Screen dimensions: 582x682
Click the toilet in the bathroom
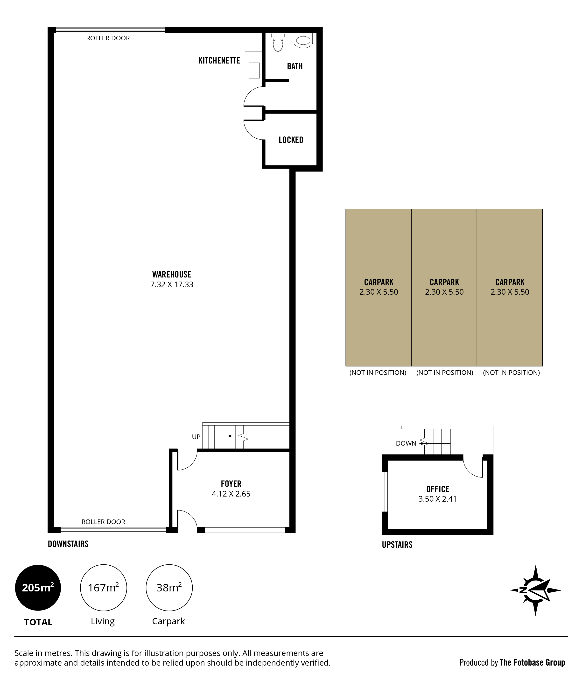(x=278, y=43)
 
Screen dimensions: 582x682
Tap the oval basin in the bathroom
(x=303, y=41)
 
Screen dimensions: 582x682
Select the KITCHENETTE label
(x=219, y=61)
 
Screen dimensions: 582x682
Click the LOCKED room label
(x=291, y=140)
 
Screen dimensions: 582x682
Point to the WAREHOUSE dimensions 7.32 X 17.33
(x=172, y=284)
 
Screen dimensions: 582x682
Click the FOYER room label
(x=231, y=484)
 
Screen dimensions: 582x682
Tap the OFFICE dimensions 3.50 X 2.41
(x=438, y=499)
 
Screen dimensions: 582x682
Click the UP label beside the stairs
(x=196, y=437)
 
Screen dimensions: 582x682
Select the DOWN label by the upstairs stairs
(x=406, y=443)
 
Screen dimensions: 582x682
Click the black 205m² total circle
(x=38, y=588)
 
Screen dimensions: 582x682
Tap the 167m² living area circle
(x=103, y=588)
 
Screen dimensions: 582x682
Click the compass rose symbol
(x=536, y=590)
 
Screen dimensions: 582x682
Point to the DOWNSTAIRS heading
(x=68, y=544)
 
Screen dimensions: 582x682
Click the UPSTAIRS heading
(x=397, y=545)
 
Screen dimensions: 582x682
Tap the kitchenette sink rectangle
(x=254, y=71)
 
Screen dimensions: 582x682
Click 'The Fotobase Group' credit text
(x=532, y=662)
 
